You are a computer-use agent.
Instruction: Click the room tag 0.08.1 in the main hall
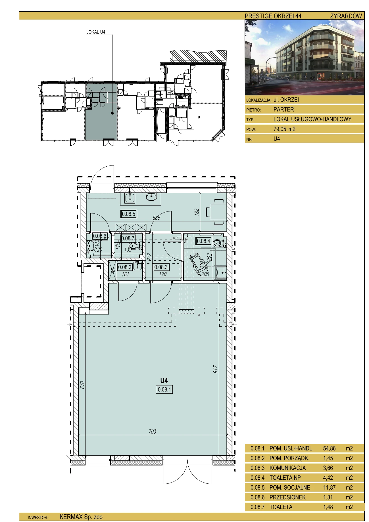(x=164, y=389)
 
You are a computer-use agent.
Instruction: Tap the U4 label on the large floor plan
(x=164, y=380)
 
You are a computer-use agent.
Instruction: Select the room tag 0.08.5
(x=129, y=214)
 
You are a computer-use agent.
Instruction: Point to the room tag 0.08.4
(x=203, y=241)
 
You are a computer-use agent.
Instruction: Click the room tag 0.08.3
(x=161, y=267)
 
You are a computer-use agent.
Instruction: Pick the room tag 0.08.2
(x=125, y=267)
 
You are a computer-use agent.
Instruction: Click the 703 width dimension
(x=153, y=431)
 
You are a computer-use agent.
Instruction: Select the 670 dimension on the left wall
(x=82, y=385)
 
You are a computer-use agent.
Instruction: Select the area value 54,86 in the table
(x=329, y=448)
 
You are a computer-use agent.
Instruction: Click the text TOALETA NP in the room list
(x=285, y=478)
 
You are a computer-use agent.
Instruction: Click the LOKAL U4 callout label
(x=96, y=32)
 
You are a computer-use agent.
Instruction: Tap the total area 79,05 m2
(x=284, y=129)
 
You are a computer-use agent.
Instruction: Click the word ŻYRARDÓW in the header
(x=346, y=16)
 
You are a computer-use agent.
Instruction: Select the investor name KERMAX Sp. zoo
(x=81, y=517)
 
